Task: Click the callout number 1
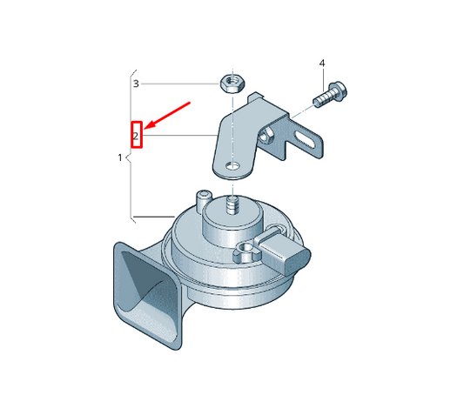pos(120,157)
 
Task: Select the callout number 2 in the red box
pos(136,137)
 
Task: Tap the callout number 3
pos(136,84)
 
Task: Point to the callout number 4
pos(322,64)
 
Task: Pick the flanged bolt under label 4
pos(330,95)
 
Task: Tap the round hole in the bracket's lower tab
pos(232,166)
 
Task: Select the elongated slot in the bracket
pos(305,138)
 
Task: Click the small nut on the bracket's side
pos(266,136)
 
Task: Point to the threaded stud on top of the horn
pos(232,205)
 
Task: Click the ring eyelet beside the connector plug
pos(246,250)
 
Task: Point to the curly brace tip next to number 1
pos(126,157)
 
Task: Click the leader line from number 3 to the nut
pos(180,84)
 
